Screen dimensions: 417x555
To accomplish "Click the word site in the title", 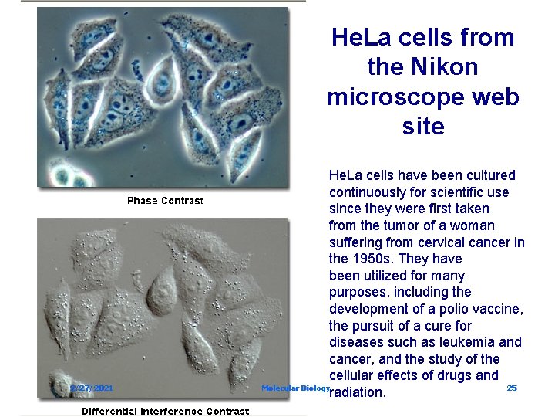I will (423, 127).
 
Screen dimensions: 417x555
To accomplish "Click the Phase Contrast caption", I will (165, 201).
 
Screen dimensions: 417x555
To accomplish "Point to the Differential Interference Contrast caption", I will (165, 411).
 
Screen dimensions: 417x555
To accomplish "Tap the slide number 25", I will (512, 388).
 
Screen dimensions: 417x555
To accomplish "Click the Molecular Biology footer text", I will (295, 388).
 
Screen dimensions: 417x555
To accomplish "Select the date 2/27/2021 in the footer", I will (92, 388).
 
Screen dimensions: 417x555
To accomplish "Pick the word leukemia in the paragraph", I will (469, 342).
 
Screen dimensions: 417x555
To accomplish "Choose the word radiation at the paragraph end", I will (357, 393).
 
